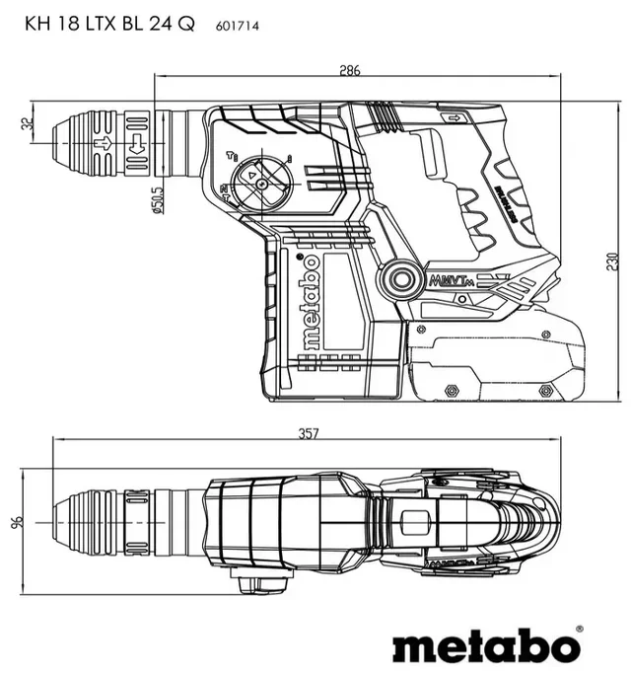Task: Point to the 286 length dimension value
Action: coord(351,70)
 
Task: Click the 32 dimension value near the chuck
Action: coord(27,124)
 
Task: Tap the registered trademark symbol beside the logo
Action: coord(578,629)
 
